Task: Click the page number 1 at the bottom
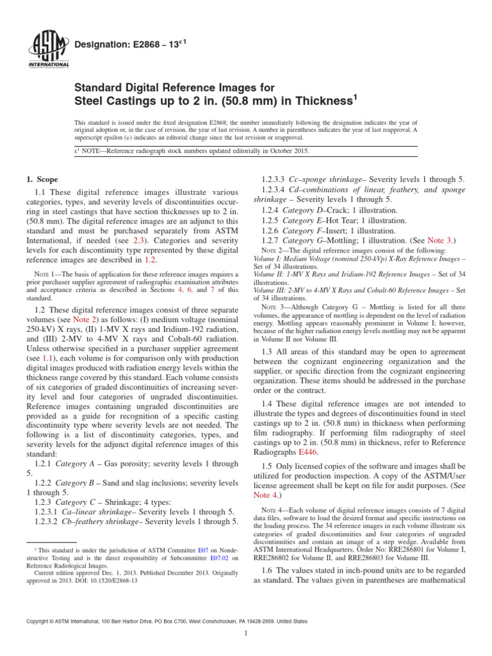[x=246, y=638]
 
